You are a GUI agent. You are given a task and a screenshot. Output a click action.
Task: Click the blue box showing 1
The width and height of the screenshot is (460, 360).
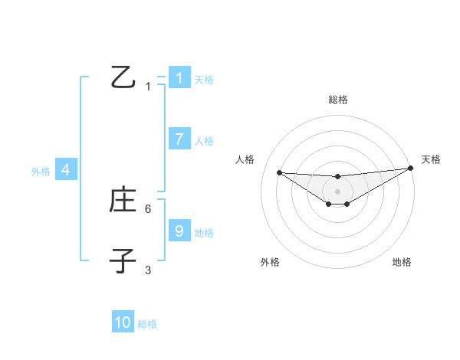179,77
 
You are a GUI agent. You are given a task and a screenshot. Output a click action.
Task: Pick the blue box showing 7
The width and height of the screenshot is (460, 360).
179,139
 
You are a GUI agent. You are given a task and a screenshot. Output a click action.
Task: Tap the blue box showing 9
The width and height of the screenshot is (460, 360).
179,231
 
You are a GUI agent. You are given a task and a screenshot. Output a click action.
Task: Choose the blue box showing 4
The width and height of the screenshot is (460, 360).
66,171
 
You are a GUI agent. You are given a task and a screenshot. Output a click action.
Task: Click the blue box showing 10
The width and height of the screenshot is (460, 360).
123,322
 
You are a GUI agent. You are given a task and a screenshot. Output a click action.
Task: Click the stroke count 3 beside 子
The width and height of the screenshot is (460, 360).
148,270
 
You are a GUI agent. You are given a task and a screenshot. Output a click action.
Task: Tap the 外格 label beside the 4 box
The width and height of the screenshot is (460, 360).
41,172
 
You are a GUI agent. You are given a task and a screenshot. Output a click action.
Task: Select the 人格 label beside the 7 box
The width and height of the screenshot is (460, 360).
204,141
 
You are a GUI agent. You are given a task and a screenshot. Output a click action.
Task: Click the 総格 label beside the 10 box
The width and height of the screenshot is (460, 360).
147,324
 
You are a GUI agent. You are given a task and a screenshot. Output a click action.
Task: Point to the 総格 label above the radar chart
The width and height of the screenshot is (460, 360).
337,100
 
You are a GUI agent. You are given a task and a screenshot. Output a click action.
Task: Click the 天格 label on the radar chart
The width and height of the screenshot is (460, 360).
431,159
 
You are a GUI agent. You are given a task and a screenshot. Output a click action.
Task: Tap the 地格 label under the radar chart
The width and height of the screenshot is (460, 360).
402,262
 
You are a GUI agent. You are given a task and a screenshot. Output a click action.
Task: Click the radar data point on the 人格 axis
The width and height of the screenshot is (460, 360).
279,172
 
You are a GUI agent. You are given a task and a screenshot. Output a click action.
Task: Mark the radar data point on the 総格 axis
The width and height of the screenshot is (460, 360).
337,177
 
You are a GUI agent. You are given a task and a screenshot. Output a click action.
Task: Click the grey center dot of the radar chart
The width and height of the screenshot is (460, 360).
337,191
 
